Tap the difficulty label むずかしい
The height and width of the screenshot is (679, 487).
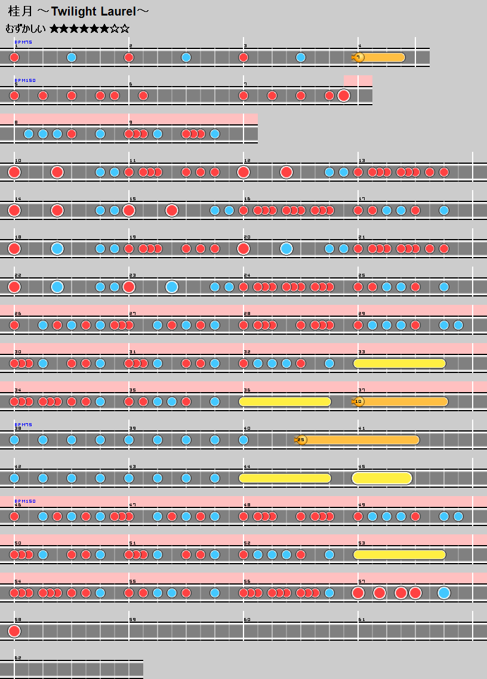[x=25, y=29]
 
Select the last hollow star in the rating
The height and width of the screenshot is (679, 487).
[x=125, y=29]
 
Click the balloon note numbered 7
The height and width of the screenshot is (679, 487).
[x=358, y=57]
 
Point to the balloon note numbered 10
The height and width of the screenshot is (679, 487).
[x=358, y=402]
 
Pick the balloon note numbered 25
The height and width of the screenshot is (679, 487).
[x=301, y=440]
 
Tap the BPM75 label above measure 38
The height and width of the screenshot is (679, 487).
[x=23, y=424]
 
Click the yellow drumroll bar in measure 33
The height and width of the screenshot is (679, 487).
[x=400, y=363]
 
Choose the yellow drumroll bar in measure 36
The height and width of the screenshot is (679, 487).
[x=285, y=402]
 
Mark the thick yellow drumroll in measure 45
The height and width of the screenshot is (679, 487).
[x=382, y=478]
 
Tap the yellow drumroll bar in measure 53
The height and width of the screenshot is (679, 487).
[x=400, y=555]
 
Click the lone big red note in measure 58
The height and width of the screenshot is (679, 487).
[x=14, y=631]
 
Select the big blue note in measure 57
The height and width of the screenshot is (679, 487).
[x=443, y=593]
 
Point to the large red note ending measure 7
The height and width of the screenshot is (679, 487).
[x=344, y=96]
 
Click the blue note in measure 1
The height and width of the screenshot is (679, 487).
[x=72, y=57]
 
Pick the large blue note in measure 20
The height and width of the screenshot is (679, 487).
[x=286, y=249]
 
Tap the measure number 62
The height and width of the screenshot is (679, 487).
[x=18, y=657]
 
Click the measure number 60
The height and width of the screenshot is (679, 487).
[x=247, y=619]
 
